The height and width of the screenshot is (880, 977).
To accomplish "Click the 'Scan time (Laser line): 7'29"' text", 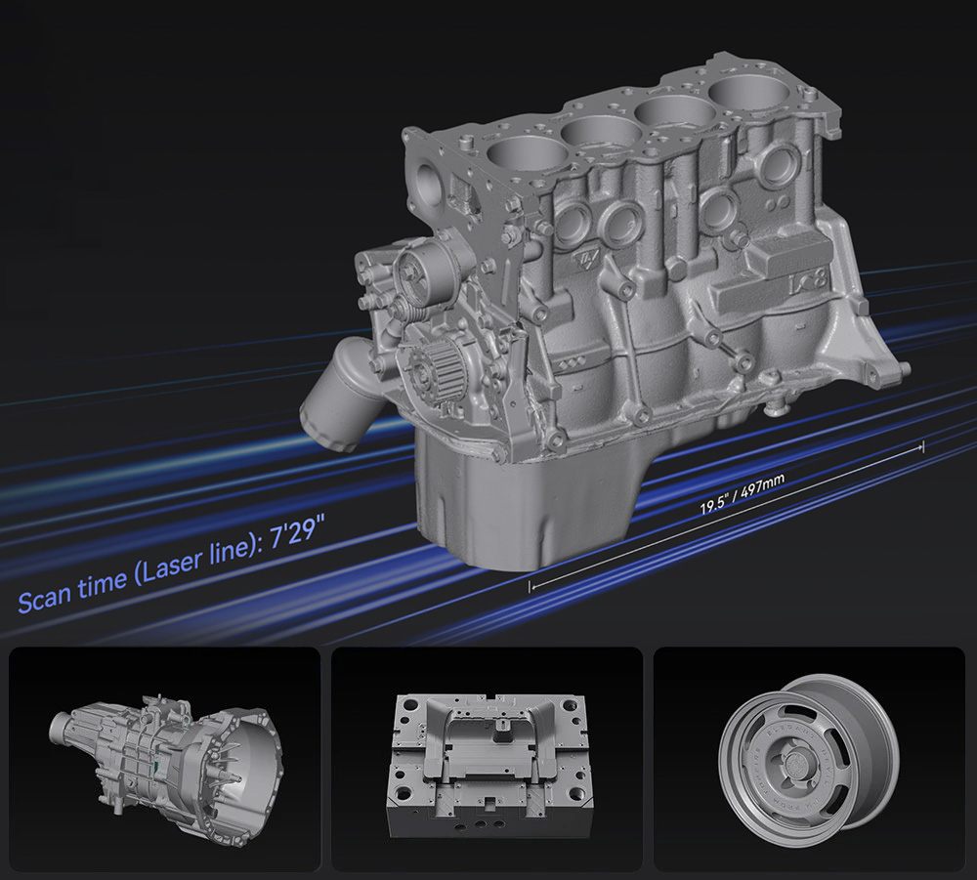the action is (x=171, y=565).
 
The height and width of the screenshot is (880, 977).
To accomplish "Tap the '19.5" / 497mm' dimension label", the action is (x=743, y=494).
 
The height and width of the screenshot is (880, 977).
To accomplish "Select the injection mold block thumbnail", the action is (x=489, y=765).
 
